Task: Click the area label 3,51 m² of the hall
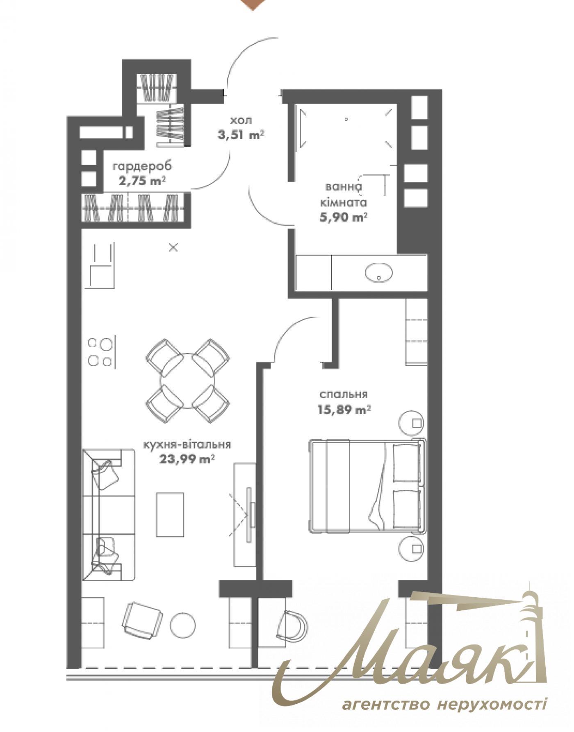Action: coord(241,135)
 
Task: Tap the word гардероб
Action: coord(143,166)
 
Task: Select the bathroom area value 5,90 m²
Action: coord(343,217)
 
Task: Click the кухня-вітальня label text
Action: coord(187,444)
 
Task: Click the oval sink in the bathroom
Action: coord(378,272)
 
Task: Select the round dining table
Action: coord(187,381)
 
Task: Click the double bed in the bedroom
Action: coord(367,486)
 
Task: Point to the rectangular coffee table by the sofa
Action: coord(170,514)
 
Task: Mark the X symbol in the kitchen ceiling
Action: coord(174,247)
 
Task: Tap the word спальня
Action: coord(344,394)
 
